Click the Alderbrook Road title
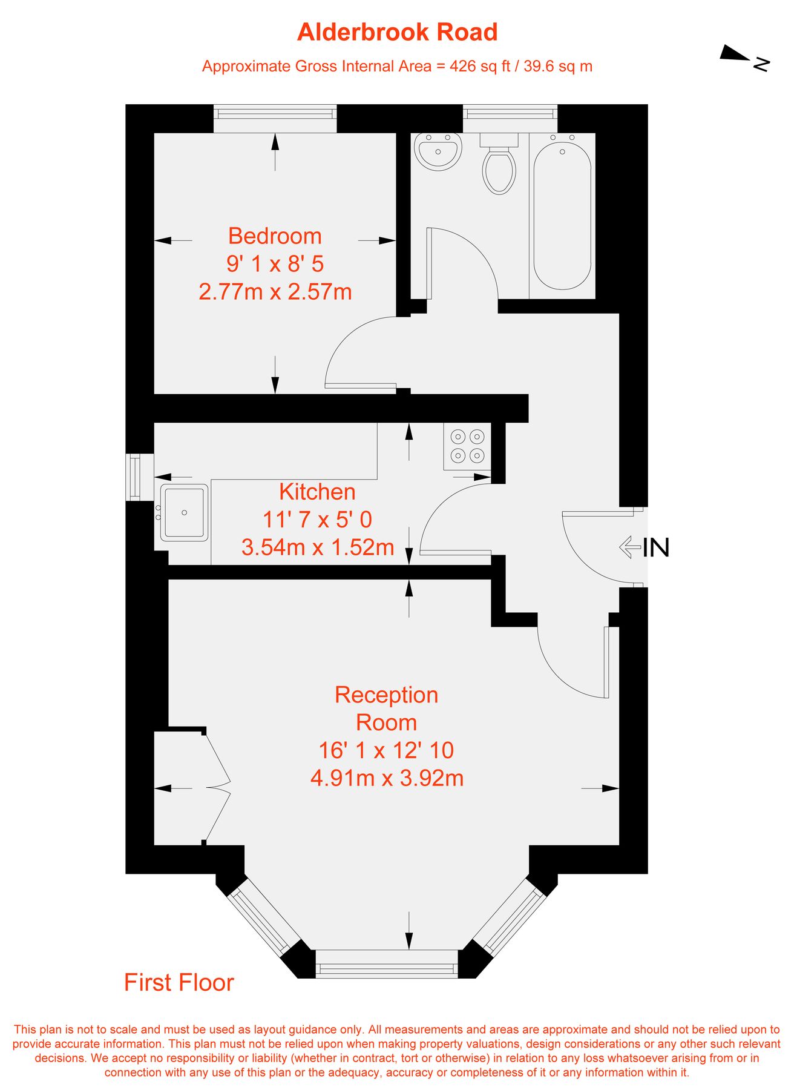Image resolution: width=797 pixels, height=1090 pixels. pos(398,32)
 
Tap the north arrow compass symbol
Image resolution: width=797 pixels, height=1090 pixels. pos(744,58)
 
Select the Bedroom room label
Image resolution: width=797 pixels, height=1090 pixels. pos(275,236)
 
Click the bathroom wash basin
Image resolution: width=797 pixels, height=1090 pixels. pos(438,151)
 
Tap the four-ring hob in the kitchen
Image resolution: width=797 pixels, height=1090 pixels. pos(467,446)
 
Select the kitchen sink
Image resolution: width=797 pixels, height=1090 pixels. pos(184,512)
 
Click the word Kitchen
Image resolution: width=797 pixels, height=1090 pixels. pos(317,492)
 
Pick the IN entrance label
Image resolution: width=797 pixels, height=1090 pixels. pos(656,547)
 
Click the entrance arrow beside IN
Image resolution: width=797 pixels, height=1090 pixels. pos(630,547)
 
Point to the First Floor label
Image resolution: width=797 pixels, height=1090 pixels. pos(179,982)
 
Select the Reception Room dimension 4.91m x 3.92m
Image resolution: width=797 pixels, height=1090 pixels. pos(387,778)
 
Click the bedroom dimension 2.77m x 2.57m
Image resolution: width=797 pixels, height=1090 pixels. pos(275,292)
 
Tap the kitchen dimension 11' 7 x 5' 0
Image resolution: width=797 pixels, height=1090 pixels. pos(317,520)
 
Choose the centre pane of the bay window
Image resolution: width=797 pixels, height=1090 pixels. pos(387,964)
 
